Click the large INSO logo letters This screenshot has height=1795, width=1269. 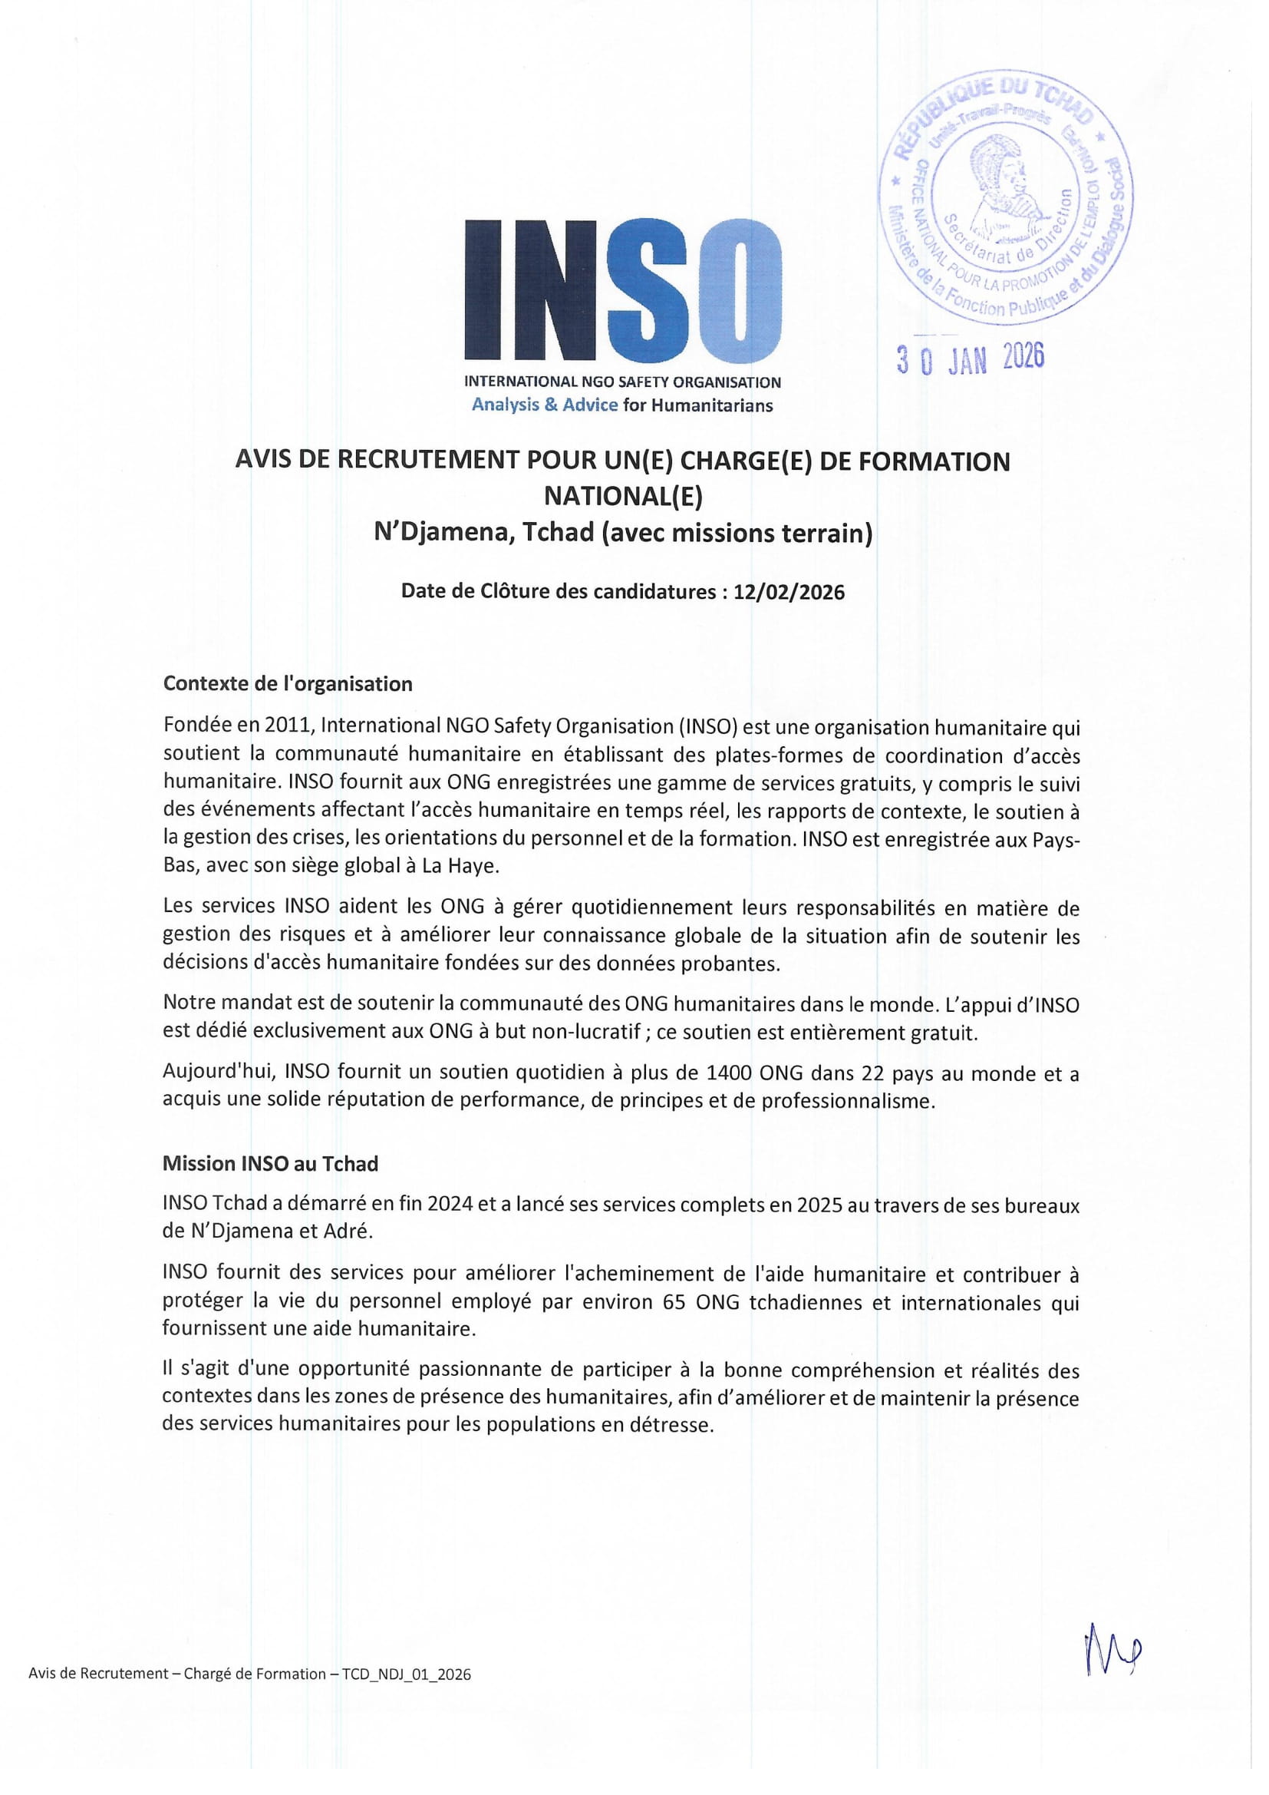623,289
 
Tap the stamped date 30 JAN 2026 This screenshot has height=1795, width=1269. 970,359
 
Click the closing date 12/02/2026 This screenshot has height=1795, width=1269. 789,592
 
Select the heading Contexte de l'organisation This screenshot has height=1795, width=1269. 288,684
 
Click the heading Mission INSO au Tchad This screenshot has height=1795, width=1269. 270,1164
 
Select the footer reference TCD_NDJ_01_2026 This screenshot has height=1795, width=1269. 407,1674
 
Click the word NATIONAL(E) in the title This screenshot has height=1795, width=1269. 623,497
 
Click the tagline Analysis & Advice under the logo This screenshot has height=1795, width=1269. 544,405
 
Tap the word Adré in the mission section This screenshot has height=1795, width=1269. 348,1231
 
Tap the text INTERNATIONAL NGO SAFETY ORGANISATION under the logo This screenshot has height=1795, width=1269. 623,382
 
